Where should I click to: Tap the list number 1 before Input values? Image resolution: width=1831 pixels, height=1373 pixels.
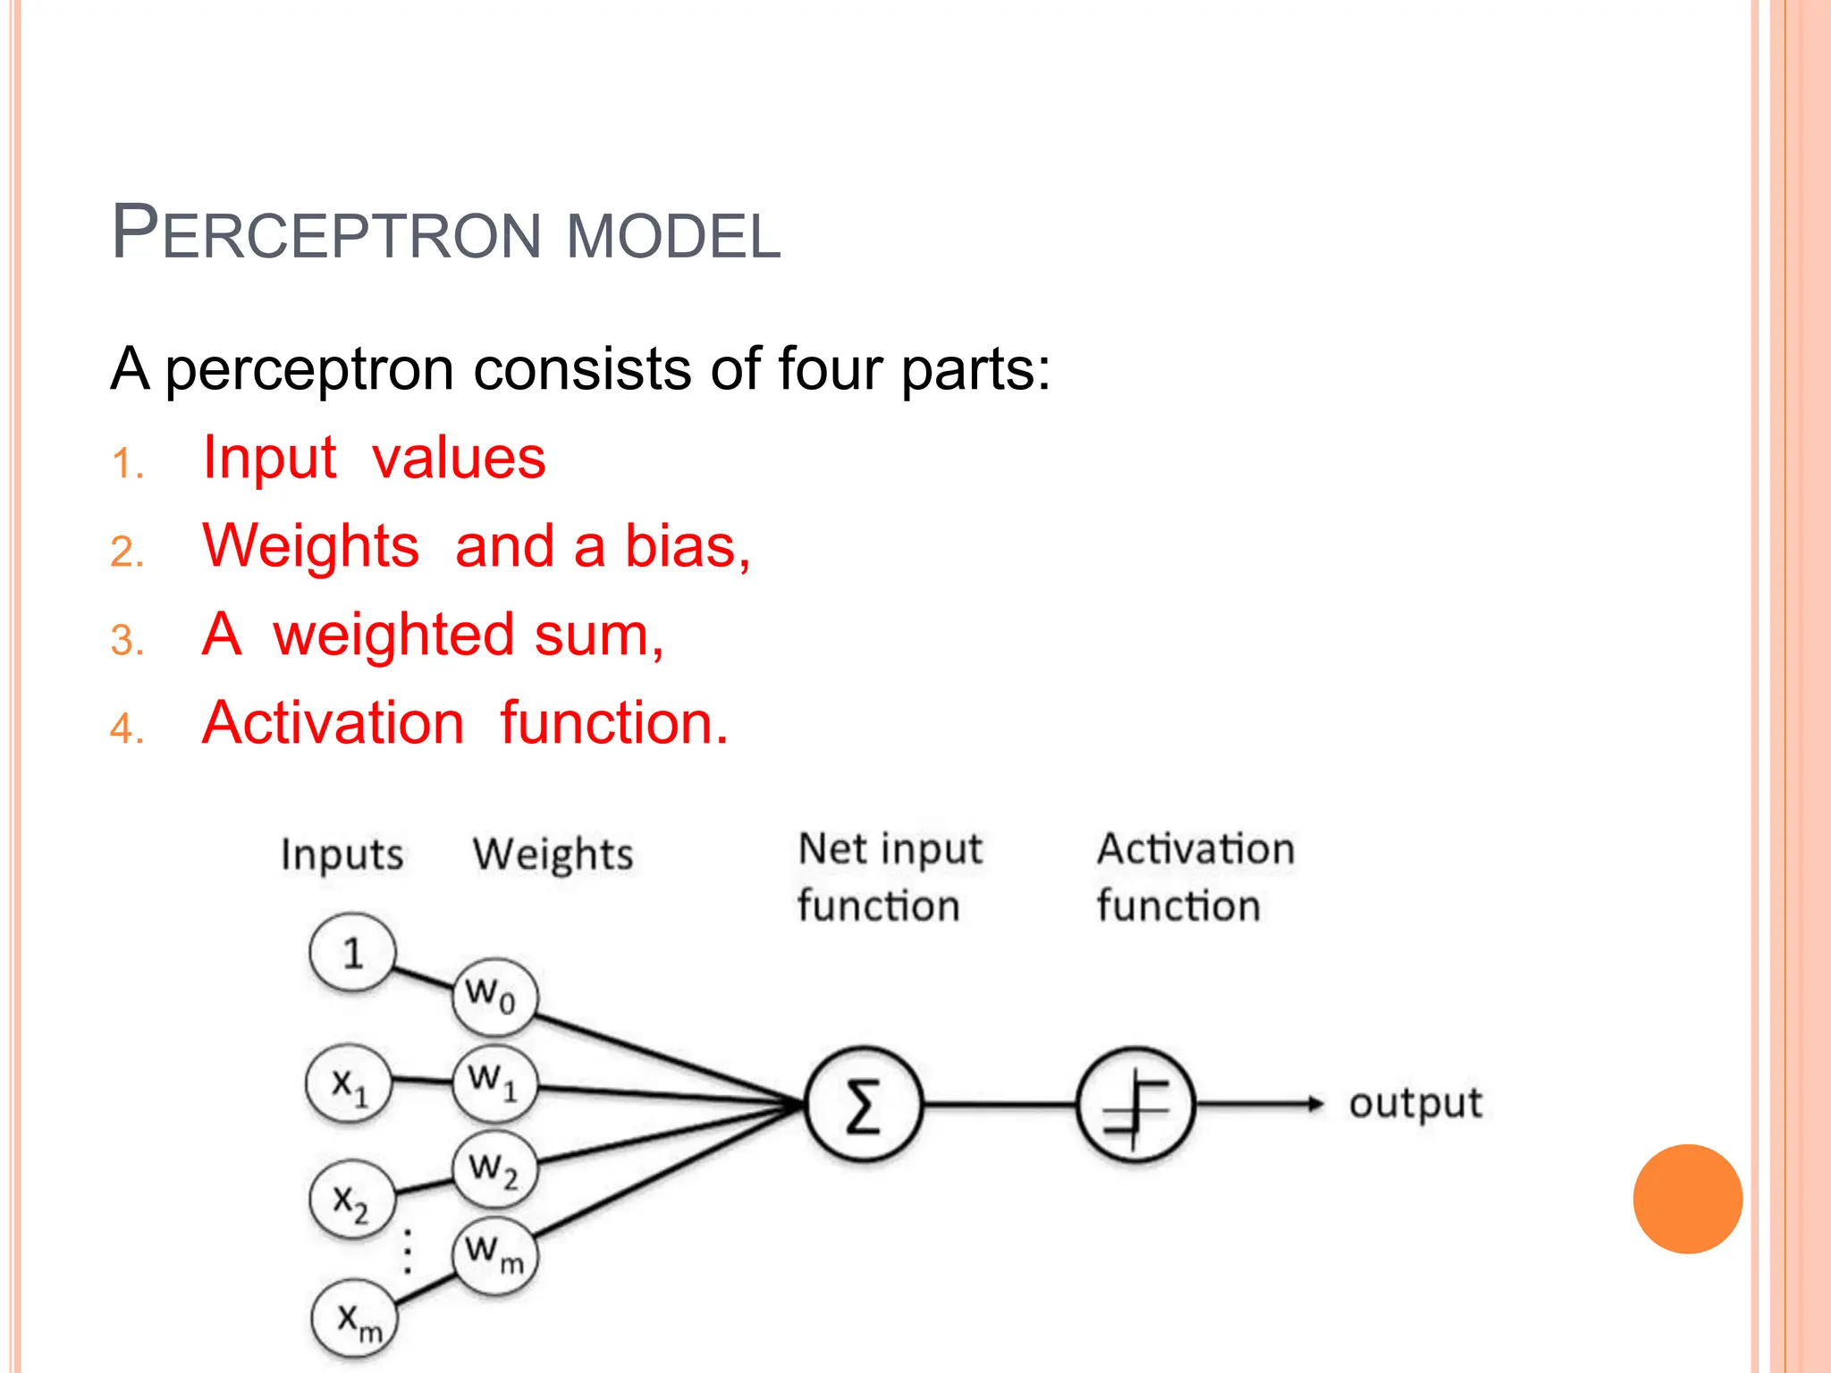(126, 464)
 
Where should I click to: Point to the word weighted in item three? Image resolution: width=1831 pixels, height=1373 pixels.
(393, 635)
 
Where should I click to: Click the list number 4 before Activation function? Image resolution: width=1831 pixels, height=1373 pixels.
(126, 728)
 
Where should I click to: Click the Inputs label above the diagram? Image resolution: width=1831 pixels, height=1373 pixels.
(342, 855)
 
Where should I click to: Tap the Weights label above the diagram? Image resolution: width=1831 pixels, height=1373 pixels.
(553, 855)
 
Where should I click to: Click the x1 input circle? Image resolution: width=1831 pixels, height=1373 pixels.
(349, 1084)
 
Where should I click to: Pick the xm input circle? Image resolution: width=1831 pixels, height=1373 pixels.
(354, 1319)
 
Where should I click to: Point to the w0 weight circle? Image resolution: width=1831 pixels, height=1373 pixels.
(494, 996)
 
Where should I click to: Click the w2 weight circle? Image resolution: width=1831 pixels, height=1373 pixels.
(494, 1169)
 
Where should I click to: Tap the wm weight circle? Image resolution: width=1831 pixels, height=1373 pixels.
(494, 1253)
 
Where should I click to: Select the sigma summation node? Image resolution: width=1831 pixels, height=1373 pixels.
(863, 1105)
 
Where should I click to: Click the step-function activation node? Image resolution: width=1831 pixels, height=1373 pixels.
(1135, 1105)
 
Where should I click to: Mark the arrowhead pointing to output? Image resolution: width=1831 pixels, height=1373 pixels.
(1314, 1104)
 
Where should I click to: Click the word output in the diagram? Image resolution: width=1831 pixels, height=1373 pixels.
(1415, 1104)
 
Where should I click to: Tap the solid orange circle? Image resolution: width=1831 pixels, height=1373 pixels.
(1687, 1199)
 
